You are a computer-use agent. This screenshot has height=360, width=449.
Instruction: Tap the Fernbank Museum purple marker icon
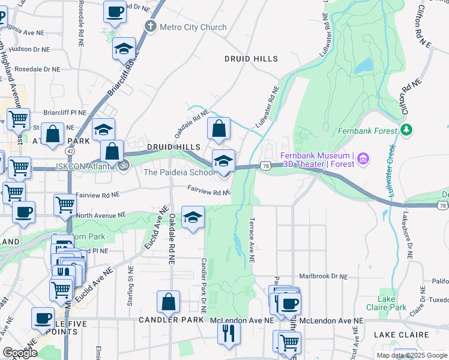[x=363, y=159]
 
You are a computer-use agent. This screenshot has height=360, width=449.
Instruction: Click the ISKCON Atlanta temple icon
[x=123, y=166]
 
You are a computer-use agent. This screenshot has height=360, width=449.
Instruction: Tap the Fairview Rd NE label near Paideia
[x=209, y=190]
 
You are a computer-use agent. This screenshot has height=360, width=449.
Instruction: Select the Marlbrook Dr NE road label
[x=324, y=277]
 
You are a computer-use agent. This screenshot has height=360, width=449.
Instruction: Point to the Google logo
[x=20, y=353]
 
